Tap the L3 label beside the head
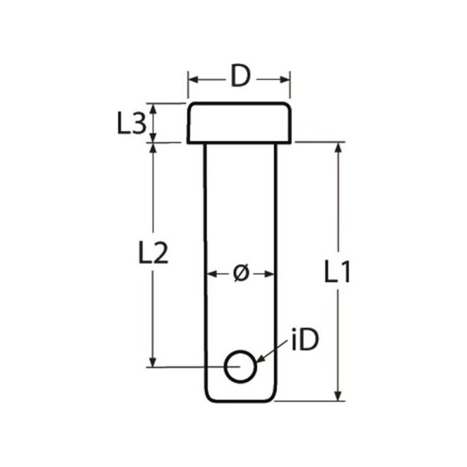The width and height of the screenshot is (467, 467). [x=131, y=124]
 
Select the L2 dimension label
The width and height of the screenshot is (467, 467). [x=152, y=254]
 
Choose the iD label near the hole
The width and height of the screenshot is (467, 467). [x=304, y=341]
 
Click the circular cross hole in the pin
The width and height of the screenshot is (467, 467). [x=240, y=366]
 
